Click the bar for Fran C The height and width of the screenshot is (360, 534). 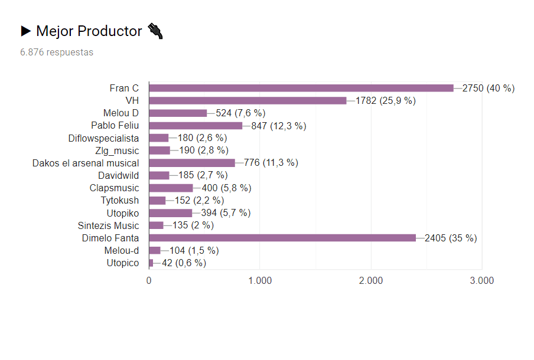(x=301, y=88)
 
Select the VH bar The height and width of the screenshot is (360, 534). (x=248, y=100)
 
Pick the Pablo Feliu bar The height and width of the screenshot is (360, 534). (x=196, y=125)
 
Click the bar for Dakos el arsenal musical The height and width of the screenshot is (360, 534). (x=192, y=163)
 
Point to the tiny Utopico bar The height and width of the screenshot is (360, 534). (x=151, y=263)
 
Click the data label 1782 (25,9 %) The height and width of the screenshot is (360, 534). (x=385, y=100)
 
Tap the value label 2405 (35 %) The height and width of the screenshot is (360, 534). (x=451, y=238)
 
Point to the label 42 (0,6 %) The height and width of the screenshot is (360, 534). (x=184, y=263)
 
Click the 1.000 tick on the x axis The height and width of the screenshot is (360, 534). (x=260, y=281)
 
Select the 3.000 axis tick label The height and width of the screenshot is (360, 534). (x=482, y=281)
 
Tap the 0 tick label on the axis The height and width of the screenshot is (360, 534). (x=149, y=281)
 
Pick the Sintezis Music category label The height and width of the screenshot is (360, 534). (x=109, y=225)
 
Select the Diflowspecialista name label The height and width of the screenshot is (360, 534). (x=104, y=138)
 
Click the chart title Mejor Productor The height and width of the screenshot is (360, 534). (x=89, y=31)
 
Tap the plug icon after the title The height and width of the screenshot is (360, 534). (x=155, y=31)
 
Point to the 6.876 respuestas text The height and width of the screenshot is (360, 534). (x=57, y=52)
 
